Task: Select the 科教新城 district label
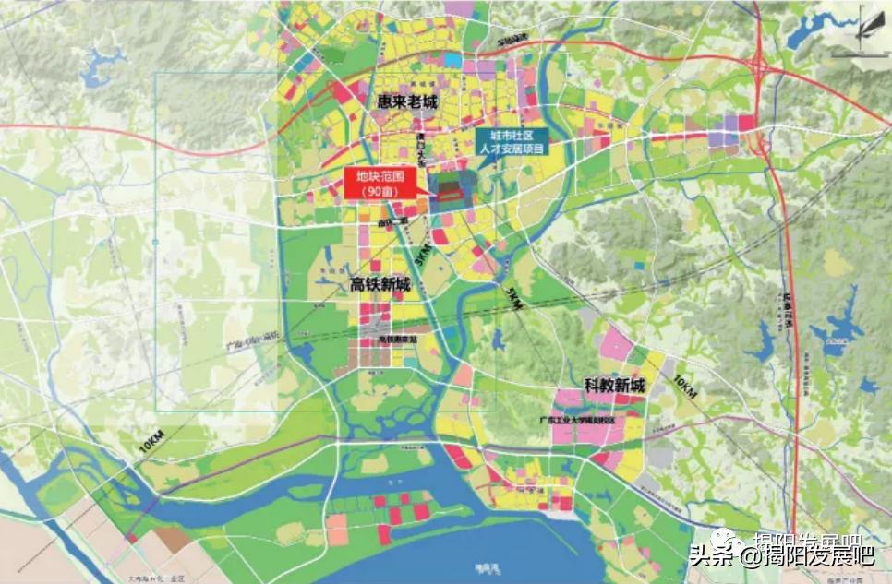pyautogui.click(x=614, y=385)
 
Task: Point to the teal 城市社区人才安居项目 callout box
pyautogui.click(x=512, y=141)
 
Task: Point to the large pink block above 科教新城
pyautogui.click(x=615, y=345)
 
